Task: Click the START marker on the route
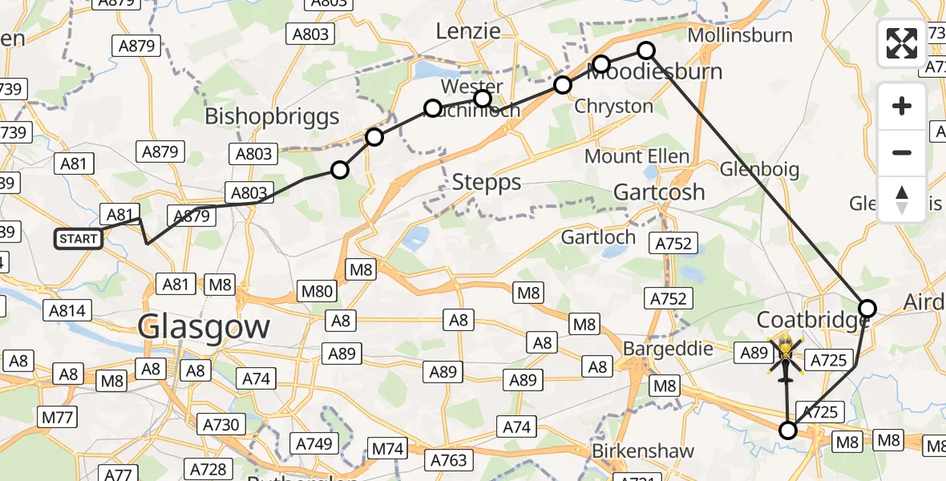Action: [79, 239]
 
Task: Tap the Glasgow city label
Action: [204, 327]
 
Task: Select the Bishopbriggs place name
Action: [272, 116]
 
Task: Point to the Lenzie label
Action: [467, 31]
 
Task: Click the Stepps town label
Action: [487, 183]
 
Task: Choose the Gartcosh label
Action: [659, 192]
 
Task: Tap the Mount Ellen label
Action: [637, 156]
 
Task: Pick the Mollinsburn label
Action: [740, 35]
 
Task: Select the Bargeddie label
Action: [669, 349]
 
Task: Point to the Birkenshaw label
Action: [643, 451]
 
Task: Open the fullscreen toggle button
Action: [902, 43]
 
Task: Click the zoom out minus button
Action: [902, 152]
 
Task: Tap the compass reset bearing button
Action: [902, 199]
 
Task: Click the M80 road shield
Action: [317, 291]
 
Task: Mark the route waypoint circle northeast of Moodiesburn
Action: [646, 51]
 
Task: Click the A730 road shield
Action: [220, 424]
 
